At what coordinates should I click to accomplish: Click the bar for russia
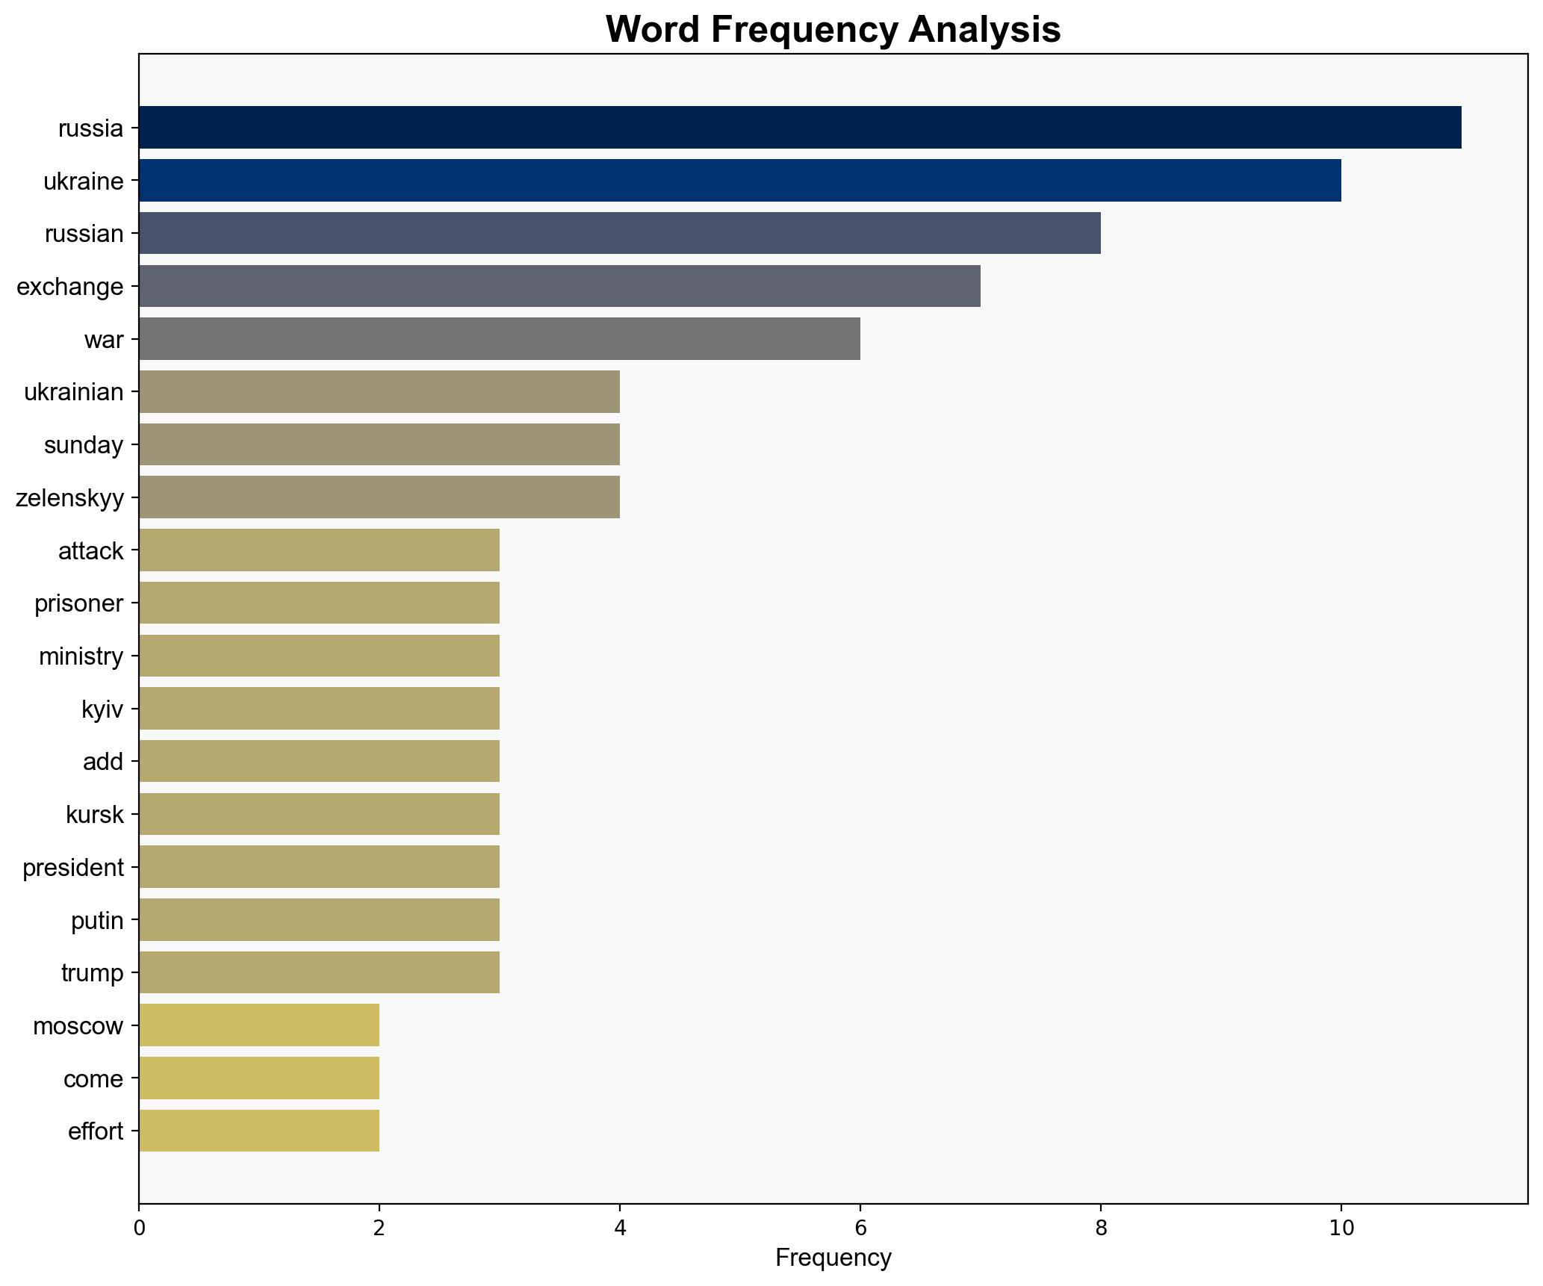point(799,128)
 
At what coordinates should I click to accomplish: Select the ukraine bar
point(739,181)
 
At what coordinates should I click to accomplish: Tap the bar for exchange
point(559,286)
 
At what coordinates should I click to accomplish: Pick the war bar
point(499,339)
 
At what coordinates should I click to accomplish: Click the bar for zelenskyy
point(379,497)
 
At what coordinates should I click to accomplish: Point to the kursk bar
point(319,814)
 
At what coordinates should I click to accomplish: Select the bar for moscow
point(258,1025)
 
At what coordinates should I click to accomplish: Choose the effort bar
point(258,1131)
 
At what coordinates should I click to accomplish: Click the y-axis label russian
point(84,234)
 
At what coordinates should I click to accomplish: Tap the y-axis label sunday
point(83,445)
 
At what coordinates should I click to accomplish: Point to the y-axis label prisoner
point(78,603)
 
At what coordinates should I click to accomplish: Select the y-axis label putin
point(97,920)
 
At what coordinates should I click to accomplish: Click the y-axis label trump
point(92,973)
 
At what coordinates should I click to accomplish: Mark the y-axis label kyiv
point(102,709)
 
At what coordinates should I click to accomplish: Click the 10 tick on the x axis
point(1341,1228)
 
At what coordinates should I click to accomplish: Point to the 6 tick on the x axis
point(860,1228)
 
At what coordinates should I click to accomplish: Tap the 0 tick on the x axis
point(139,1228)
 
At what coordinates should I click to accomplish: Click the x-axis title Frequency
point(833,1258)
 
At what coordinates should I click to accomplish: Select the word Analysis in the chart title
point(984,30)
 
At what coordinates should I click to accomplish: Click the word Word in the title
point(653,30)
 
